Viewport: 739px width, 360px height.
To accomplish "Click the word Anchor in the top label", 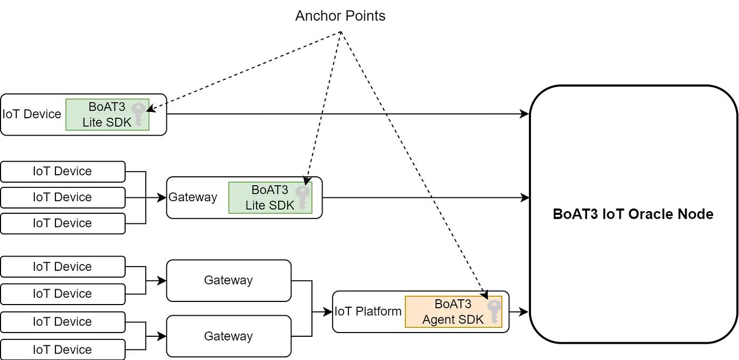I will pyautogui.click(x=319, y=16).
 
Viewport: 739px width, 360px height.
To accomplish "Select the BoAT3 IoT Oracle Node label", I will pyautogui.click(x=633, y=214).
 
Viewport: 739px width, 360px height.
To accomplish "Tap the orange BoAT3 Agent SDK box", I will pyautogui.click(x=453, y=311).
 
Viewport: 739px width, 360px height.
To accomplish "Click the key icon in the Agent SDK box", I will pyautogui.click(x=494, y=311).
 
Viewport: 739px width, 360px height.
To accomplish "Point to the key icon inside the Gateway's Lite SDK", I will pyautogui.click(x=302, y=197).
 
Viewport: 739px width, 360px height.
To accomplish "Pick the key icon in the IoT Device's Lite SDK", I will pyautogui.click(x=139, y=114).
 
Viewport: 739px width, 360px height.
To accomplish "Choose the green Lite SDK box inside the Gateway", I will pyautogui.click(x=270, y=197).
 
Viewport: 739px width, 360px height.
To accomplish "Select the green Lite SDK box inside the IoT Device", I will pyautogui.click(x=107, y=115).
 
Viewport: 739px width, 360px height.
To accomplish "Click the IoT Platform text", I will pyautogui.click(x=368, y=311).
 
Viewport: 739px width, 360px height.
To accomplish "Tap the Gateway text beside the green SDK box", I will pyautogui.click(x=193, y=197).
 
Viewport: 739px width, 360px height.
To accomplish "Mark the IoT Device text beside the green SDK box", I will pyautogui.click(x=32, y=114).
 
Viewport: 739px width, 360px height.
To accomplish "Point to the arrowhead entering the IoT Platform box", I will pyautogui.click(x=329, y=312).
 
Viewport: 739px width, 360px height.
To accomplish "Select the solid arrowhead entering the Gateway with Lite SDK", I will pyautogui.click(x=163, y=197).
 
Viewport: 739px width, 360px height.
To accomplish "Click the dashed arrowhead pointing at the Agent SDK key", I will pyautogui.click(x=485, y=296).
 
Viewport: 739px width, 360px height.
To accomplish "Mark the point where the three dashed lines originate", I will pyautogui.click(x=341, y=32).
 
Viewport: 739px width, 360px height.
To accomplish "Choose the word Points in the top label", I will pyautogui.click(x=365, y=16).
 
